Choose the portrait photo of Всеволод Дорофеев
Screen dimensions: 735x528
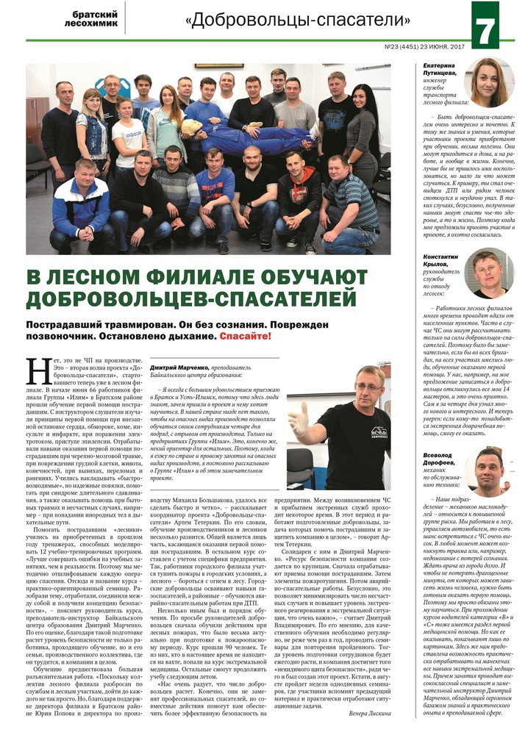coord(489,469)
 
